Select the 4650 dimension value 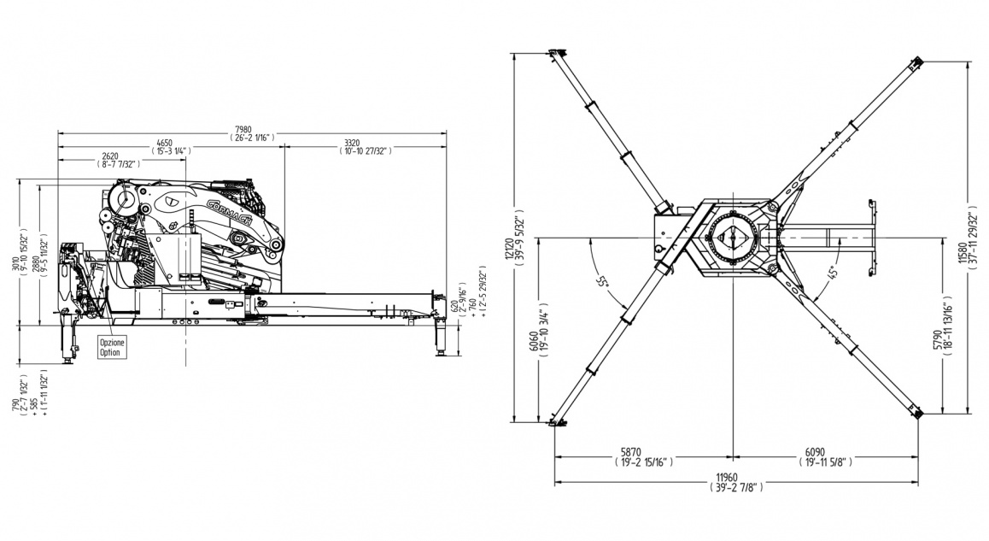pyautogui.click(x=171, y=142)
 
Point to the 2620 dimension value pyautogui.click(x=110, y=156)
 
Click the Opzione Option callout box pyautogui.click(x=113, y=347)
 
